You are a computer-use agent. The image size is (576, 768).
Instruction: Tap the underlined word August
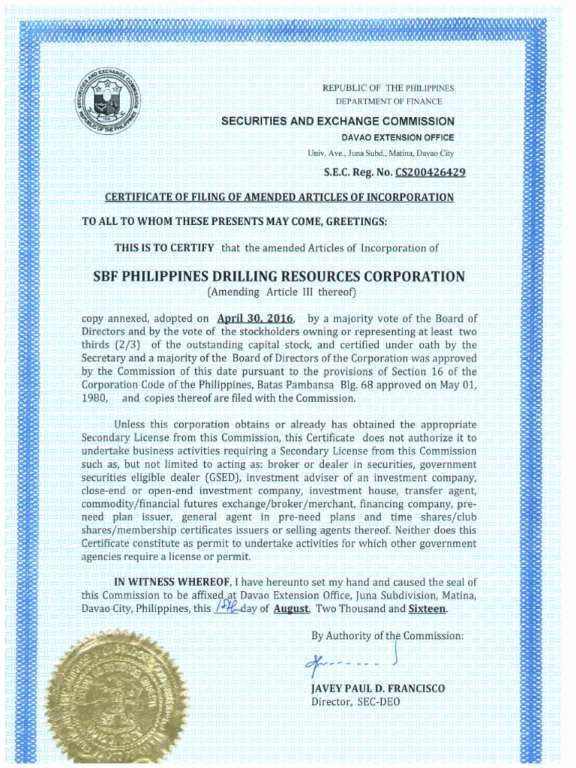tap(291, 609)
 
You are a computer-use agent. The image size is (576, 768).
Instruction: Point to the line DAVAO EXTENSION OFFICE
tap(397, 138)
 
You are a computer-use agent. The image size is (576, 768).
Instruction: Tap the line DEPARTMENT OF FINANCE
tap(388, 100)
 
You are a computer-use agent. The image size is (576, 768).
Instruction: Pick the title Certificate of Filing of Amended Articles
tap(279, 197)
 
